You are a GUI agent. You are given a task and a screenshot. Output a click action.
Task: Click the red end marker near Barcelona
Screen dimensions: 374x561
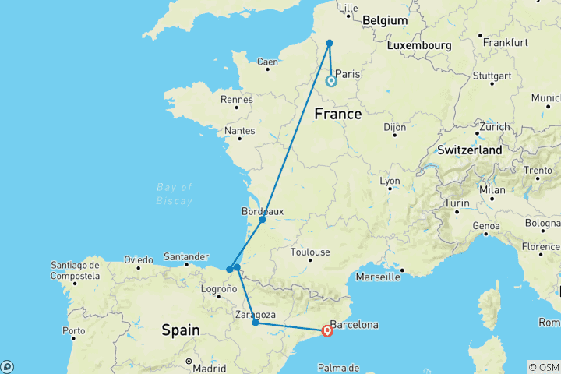[x=327, y=330]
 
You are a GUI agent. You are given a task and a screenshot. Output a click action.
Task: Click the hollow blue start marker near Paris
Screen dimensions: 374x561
[x=331, y=80]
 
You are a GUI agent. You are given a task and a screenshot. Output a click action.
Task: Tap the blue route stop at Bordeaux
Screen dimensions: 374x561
[x=263, y=220]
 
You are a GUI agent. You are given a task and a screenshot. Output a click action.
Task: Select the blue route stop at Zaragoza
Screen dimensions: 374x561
[x=256, y=323]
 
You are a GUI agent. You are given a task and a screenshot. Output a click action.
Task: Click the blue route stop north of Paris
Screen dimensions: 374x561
[x=330, y=43]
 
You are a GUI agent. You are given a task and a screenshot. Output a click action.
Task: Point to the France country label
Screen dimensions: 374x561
[x=337, y=115]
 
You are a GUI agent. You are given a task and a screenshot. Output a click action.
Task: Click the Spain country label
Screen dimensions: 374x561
[x=181, y=330]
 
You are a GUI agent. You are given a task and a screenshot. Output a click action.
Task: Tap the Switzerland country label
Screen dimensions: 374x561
[x=470, y=149]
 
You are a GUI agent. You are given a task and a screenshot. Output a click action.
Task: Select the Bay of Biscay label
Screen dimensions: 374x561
[x=174, y=194]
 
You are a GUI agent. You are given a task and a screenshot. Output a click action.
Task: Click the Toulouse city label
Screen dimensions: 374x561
[x=309, y=252]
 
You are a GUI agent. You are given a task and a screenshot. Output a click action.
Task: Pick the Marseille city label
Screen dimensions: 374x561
[x=377, y=276]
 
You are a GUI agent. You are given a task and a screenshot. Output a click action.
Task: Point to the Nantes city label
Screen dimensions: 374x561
[x=239, y=130]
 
